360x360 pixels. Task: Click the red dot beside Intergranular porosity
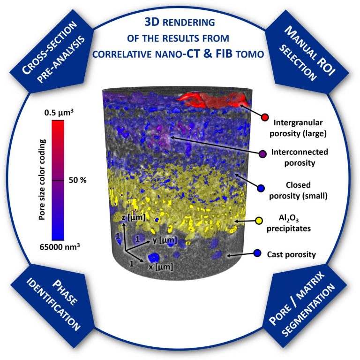[265, 117]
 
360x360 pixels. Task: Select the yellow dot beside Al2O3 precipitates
[258, 220]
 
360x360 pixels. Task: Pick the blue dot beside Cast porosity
[257, 253]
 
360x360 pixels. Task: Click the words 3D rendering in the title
[180, 23]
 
